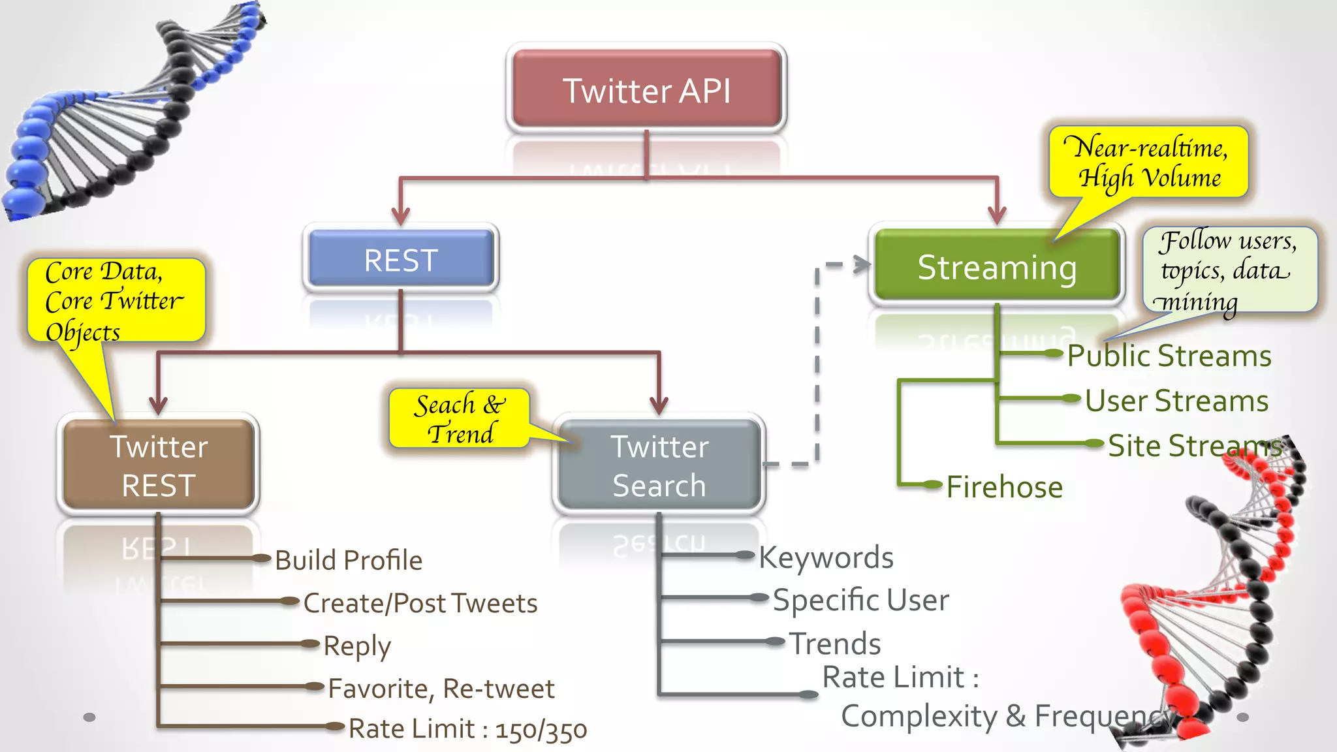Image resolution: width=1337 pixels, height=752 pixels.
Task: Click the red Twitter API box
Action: (x=646, y=89)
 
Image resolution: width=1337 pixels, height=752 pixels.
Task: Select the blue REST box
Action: (x=401, y=260)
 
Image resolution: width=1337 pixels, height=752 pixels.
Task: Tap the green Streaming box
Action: (x=997, y=266)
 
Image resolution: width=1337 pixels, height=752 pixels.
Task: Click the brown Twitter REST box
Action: (x=159, y=465)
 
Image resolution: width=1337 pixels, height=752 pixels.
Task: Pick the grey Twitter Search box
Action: (x=659, y=465)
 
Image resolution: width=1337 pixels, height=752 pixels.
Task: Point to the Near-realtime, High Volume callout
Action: (x=1149, y=162)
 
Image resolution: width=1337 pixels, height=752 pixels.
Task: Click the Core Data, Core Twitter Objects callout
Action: (x=116, y=301)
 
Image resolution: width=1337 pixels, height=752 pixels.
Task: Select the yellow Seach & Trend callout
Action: (x=459, y=418)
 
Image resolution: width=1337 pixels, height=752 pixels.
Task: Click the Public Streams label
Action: (x=1169, y=356)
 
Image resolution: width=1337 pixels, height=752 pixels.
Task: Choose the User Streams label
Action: (x=1176, y=401)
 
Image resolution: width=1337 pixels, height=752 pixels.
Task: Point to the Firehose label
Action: (x=1004, y=487)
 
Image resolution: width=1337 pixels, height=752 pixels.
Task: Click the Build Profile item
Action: (x=349, y=560)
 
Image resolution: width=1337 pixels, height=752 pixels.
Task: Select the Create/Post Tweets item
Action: (x=420, y=603)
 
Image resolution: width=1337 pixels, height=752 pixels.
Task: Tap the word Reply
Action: (x=357, y=646)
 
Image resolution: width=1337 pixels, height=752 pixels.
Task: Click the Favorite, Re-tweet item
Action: (x=441, y=689)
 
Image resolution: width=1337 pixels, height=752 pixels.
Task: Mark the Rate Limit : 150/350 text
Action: (x=467, y=729)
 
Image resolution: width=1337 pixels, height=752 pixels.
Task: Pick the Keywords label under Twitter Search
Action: (x=826, y=557)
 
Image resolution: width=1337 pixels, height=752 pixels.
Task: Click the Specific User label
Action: (x=860, y=600)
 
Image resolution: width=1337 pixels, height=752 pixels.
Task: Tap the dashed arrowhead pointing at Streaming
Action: (x=863, y=264)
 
